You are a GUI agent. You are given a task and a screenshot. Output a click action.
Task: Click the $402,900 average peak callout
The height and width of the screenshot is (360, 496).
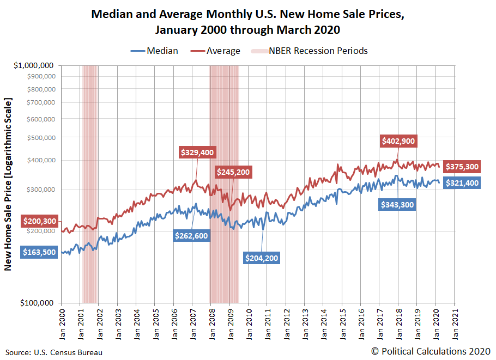point(398,141)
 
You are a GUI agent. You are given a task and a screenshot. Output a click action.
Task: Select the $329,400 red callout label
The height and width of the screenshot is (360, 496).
point(197,152)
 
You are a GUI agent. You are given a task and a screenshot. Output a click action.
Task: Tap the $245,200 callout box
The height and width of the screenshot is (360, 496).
point(233,172)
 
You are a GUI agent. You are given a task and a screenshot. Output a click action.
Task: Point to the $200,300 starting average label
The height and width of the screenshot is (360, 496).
point(40,221)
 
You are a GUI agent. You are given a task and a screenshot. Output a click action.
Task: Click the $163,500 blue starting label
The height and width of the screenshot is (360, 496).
point(40,253)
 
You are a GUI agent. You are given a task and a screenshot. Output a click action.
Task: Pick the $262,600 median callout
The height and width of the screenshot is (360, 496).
point(191,235)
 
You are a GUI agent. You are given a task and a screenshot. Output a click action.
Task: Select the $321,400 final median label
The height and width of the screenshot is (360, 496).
point(462,183)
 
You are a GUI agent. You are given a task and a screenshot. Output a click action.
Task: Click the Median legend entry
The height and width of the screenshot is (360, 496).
point(154,51)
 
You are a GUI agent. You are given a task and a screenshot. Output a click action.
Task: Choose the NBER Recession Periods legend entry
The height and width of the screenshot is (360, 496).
point(310,51)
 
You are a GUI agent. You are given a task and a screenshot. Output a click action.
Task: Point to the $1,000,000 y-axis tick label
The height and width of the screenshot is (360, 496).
point(34,66)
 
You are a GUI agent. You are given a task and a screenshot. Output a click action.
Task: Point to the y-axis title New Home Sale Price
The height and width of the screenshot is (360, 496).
point(8,184)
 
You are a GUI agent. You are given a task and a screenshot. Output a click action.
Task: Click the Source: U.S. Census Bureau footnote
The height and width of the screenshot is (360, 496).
point(54,352)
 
